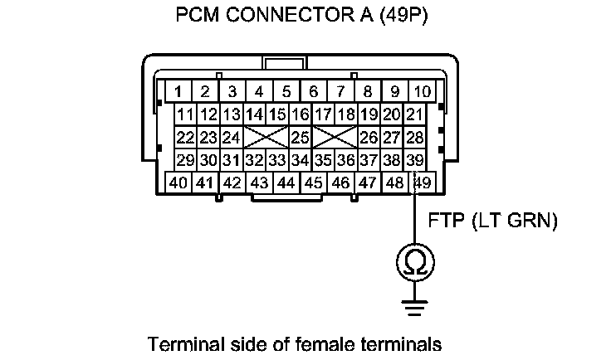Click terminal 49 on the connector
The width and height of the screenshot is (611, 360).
click(x=422, y=182)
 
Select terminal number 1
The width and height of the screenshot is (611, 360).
click(x=178, y=91)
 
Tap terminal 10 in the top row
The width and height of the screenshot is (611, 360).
click(x=423, y=91)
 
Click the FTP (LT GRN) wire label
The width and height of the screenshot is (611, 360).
click(x=492, y=221)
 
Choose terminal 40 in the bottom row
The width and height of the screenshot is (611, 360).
click(x=178, y=182)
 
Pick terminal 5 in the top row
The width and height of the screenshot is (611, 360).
click(x=286, y=91)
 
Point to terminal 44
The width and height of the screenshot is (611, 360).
click(x=286, y=182)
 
